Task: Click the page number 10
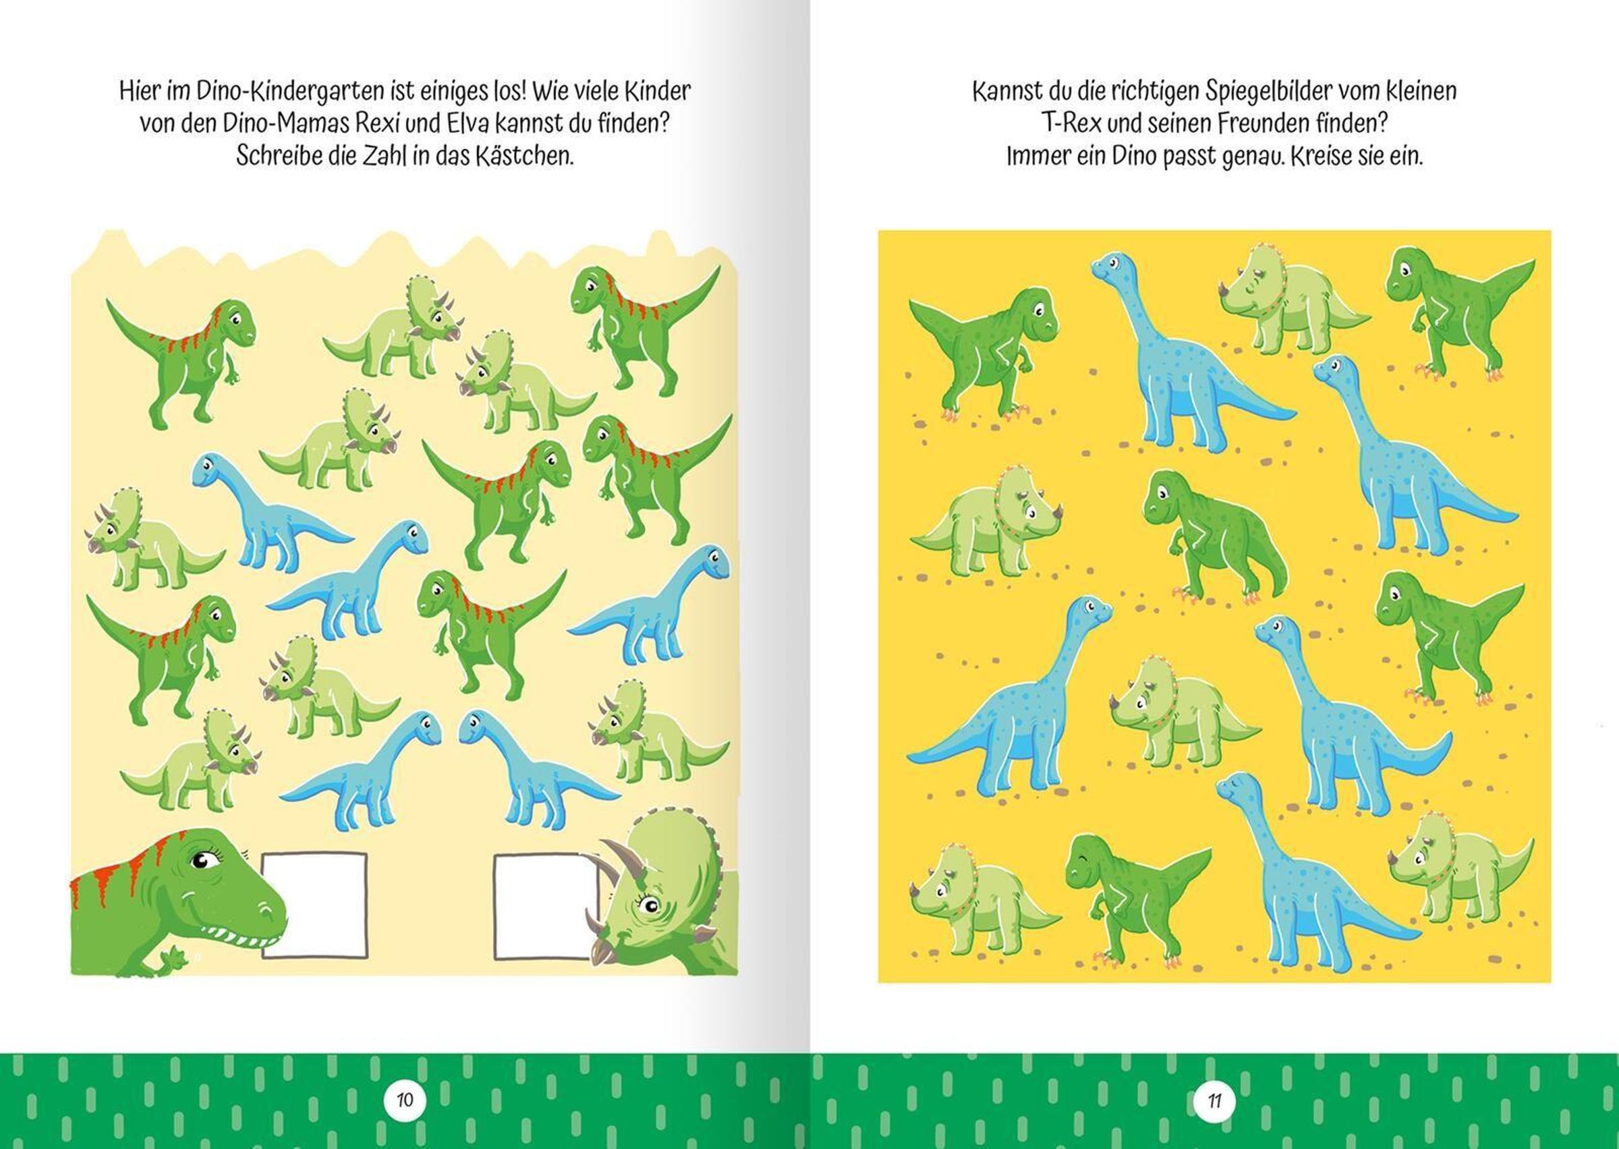pyautogui.click(x=405, y=1100)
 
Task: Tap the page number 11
pyautogui.click(x=1214, y=1101)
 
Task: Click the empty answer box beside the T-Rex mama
pyautogui.click(x=315, y=905)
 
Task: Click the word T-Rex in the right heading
pyautogui.click(x=1069, y=124)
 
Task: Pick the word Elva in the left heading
pyautogui.click(x=467, y=124)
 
